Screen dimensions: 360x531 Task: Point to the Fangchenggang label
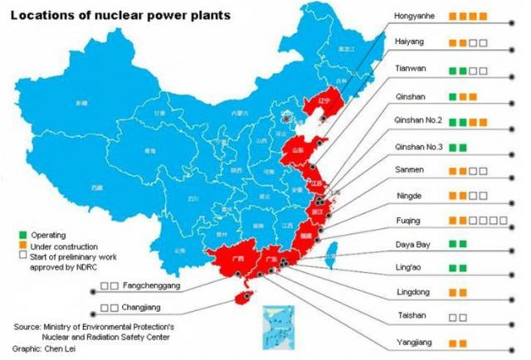tap(154, 286)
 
